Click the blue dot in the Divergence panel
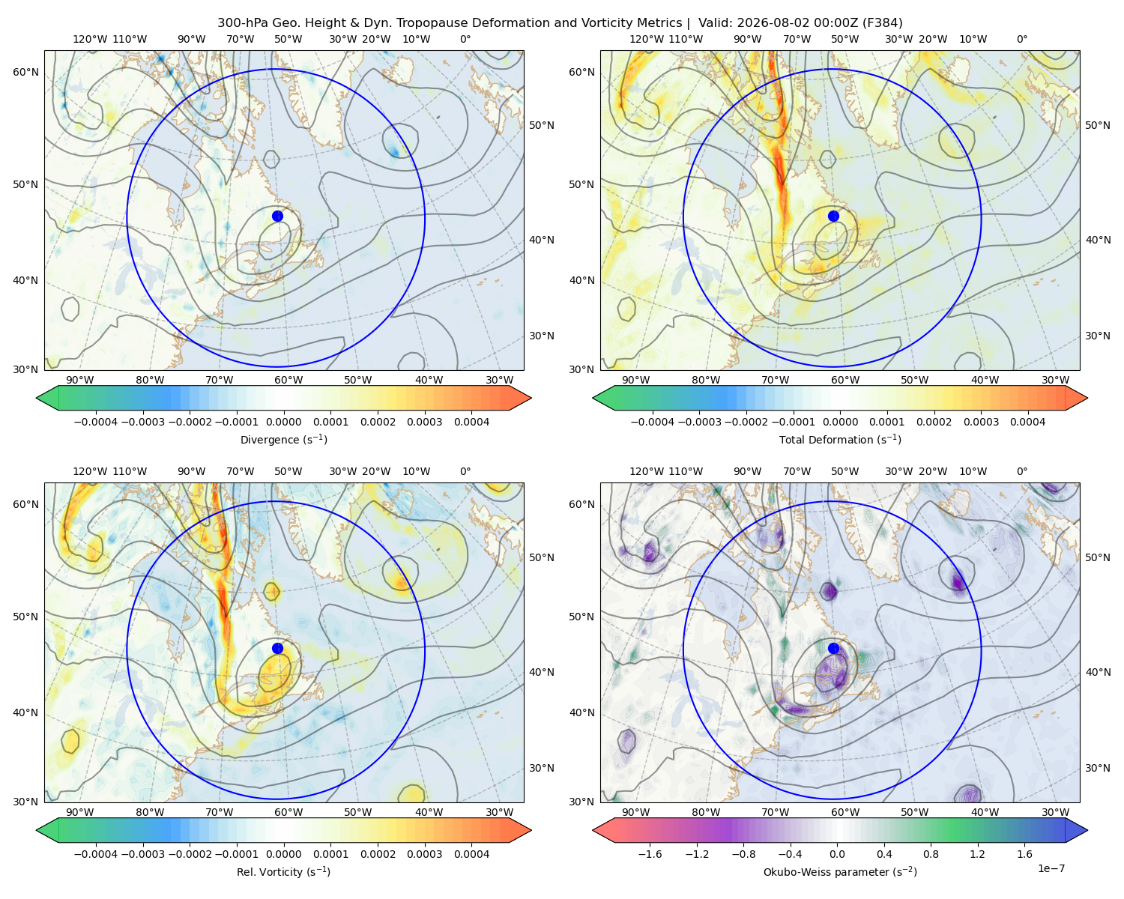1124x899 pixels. (x=277, y=216)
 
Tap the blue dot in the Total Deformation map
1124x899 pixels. (x=833, y=216)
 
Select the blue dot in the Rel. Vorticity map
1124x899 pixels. (x=277, y=648)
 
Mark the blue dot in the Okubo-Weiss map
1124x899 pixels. (x=833, y=648)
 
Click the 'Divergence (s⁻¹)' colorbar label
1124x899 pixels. (x=283, y=439)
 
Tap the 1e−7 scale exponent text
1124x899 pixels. (x=1051, y=868)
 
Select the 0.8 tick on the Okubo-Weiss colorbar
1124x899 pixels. (x=931, y=853)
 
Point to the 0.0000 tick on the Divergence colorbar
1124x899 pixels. (x=283, y=422)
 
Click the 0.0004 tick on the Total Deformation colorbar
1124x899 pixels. (x=1027, y=422)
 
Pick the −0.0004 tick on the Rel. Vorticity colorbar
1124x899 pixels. (x=96, y=853)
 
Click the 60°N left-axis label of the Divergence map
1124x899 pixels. (x=25, y=72)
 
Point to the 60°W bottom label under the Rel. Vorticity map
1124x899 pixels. (x=288, y=812)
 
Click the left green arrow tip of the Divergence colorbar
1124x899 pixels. (x=37, y=398)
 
